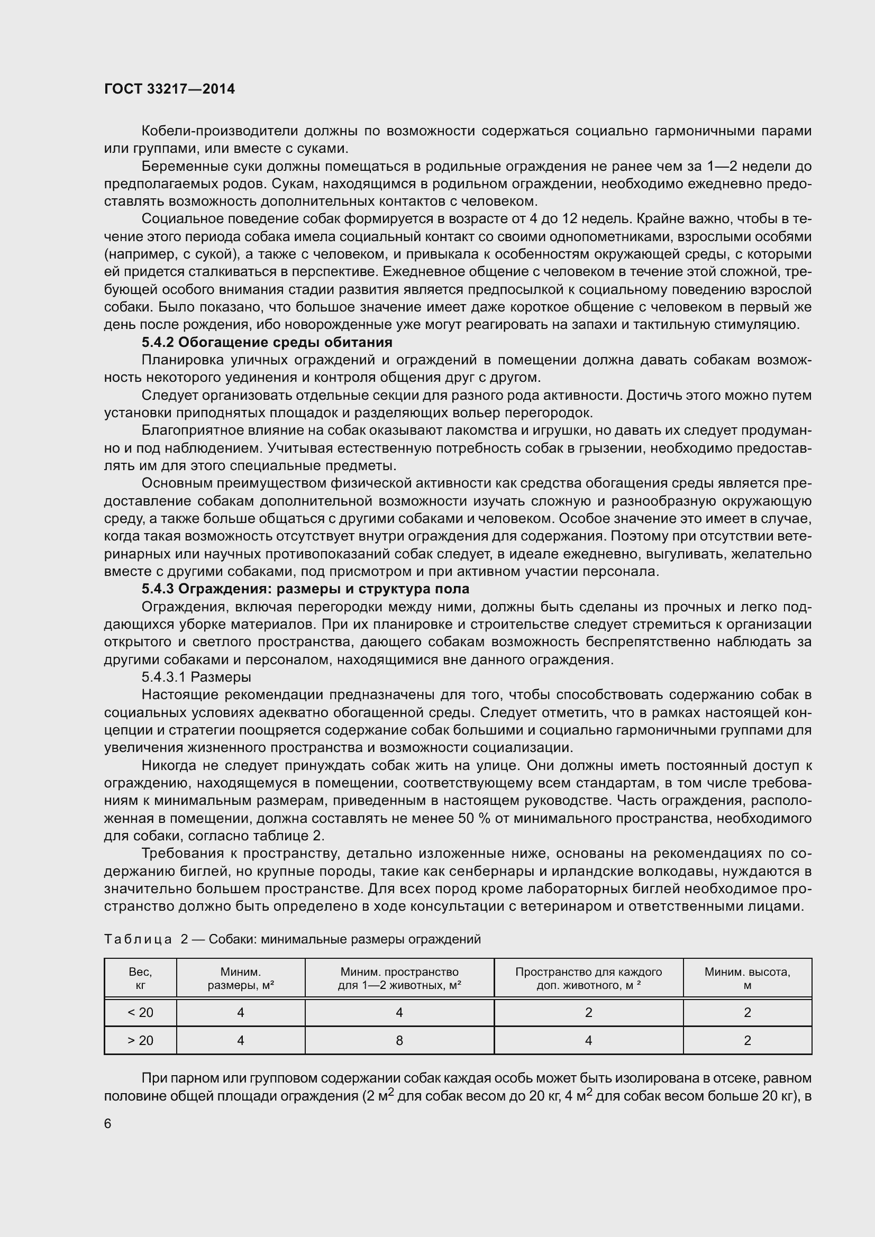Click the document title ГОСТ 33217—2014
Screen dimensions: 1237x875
click(x=169, y=89)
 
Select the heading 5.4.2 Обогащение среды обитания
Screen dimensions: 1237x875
click(x=267, y=343)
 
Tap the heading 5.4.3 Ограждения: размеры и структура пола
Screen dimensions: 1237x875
click(x=305, y=589)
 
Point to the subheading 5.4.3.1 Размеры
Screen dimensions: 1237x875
click(x=196, y=677)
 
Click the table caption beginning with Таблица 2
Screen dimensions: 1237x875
click(x=292, y=940)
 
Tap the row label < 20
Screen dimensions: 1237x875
click(x=140, y=1013)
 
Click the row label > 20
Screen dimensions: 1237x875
click(x=140, y=1041)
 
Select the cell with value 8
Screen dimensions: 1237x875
click(x=399, y=1041)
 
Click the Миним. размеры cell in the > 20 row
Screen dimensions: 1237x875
click(x=240, y=1041)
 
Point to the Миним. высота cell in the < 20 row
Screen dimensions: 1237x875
click(x=747, y=1013)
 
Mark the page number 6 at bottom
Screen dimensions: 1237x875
click(x=108, y=1124)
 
